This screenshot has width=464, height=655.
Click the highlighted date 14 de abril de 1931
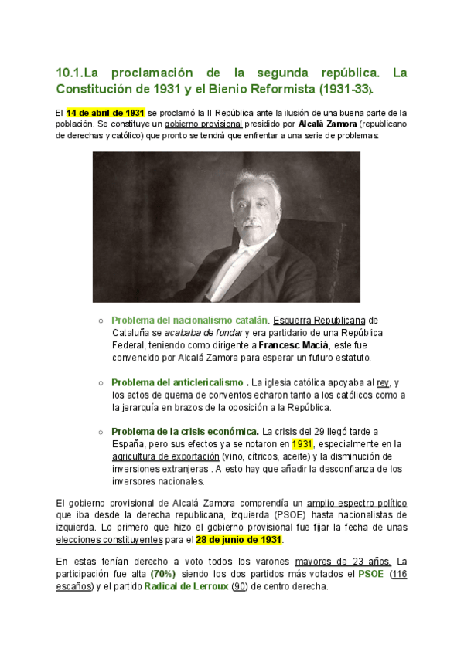point(105,112)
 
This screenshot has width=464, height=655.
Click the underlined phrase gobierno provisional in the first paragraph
point(203,124)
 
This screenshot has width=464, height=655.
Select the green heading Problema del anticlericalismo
point(177,383)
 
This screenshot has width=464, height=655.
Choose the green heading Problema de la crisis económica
point(185,431)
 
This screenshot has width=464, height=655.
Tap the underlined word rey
point(383,383)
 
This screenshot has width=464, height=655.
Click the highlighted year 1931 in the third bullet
point(302,444)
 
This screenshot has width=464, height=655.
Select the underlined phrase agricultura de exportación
point(164,456)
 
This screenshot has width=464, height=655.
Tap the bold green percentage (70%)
point(163,574)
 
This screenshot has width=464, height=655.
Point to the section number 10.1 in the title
point(68,73)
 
